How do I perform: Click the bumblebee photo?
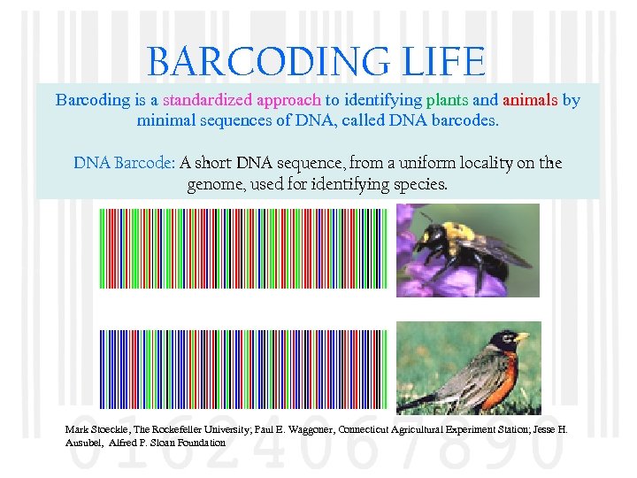(467, 250)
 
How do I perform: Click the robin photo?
(467, 367)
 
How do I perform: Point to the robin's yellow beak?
(522, 337)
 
